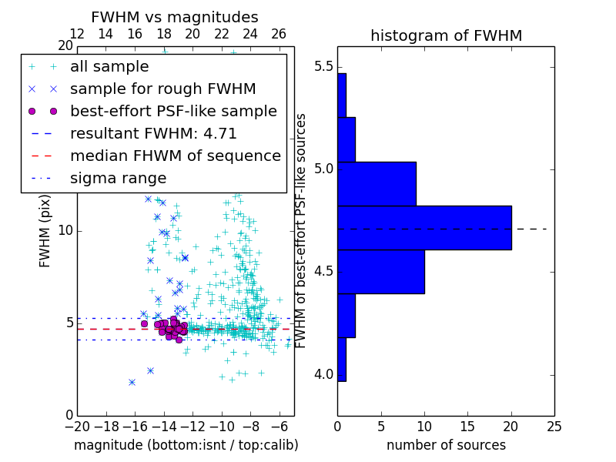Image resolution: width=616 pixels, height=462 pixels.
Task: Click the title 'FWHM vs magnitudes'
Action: click(x=175, y=17)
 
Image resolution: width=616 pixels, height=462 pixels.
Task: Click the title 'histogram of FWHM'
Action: click(x=446, y=35)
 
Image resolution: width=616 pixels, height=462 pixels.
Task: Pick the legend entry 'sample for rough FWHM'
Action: click(x=162, y=89)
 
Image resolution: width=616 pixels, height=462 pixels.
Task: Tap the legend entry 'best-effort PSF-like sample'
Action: click(x=173, y=111)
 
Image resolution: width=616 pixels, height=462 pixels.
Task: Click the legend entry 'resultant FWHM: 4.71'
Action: click(x=153, y=133)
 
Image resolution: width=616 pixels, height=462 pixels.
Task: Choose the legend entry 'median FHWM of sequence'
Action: click(x=175, y=156)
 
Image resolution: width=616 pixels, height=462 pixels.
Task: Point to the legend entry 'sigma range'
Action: click(x=118, y=178)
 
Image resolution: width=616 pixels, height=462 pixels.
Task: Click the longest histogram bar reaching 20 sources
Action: click(x=424, y=227)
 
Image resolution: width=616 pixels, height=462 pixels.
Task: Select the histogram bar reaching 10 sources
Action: click(x=380, y=271)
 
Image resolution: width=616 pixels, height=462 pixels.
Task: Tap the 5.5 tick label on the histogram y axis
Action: click(x=323, y=67)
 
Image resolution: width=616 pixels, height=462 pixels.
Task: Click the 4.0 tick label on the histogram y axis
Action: click(x=323, y=374)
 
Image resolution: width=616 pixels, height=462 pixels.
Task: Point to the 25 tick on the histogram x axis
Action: click(x=554, y=424)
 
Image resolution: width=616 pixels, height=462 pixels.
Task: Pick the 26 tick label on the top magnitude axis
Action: click(x=279, y=34)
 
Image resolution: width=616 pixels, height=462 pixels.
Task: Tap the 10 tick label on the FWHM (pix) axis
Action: click(x=65, y=231)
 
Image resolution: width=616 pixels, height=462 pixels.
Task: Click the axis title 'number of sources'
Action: click(x=446, y=445)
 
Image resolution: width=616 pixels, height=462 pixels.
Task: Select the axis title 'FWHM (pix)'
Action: click(x=45, y=231)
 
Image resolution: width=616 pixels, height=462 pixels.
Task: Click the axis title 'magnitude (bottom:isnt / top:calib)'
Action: click(x=186, y=445)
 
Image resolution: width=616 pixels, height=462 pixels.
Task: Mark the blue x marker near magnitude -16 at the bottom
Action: click(x=132, y=382)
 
